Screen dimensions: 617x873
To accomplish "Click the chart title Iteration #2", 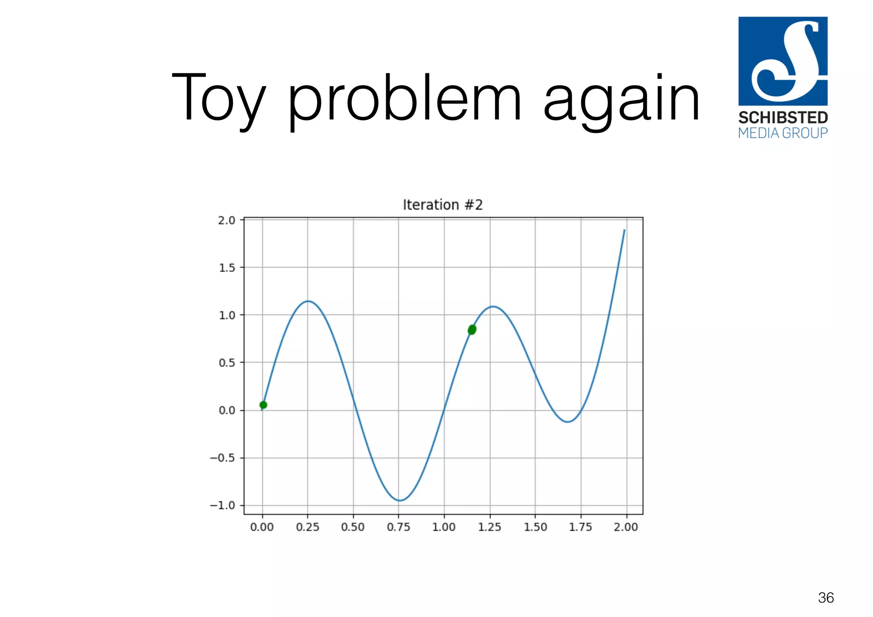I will pos(442,205).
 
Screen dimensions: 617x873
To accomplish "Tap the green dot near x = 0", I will pos(263,405).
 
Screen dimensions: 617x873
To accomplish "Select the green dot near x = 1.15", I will pos(472,329).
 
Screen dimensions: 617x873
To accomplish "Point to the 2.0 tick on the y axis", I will pos(226,220).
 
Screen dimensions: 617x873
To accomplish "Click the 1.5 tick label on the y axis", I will pos(226,268).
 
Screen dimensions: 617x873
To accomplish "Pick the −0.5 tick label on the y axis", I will pos(222,458).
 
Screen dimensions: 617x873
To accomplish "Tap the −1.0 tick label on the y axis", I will pos(222,505).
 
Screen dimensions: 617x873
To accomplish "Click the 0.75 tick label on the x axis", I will pos(398,527).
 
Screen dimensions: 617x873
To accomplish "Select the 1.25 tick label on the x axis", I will pos(489,527).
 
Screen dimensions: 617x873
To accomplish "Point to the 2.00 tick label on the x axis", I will pos(625,527).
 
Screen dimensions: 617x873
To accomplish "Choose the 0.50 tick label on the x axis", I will pos(353,527).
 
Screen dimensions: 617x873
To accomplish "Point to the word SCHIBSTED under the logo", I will pos(783,118).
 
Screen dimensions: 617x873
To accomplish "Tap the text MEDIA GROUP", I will pos(783,133).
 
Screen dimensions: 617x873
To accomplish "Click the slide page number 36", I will pos(826,598).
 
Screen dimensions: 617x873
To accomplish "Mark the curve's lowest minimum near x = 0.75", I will pos(399,500).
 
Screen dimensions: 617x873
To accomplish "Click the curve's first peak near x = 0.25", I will pos(308,301).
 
